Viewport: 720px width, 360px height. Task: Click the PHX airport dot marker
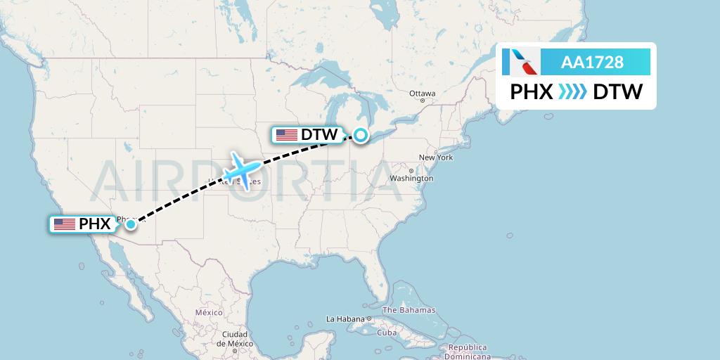131,224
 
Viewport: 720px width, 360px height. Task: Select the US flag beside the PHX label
65,224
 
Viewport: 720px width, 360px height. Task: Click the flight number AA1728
592,63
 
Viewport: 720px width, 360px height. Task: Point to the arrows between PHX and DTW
572,92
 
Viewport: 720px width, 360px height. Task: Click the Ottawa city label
423,94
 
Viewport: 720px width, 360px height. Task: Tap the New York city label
435,157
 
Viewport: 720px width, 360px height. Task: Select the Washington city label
411,179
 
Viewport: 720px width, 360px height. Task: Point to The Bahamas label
409,310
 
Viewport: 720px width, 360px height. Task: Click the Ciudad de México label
233,338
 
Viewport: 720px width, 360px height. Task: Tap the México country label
209,312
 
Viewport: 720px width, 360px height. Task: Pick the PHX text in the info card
532,92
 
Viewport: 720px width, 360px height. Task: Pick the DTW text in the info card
617,92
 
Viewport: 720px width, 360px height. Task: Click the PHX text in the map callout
95,224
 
